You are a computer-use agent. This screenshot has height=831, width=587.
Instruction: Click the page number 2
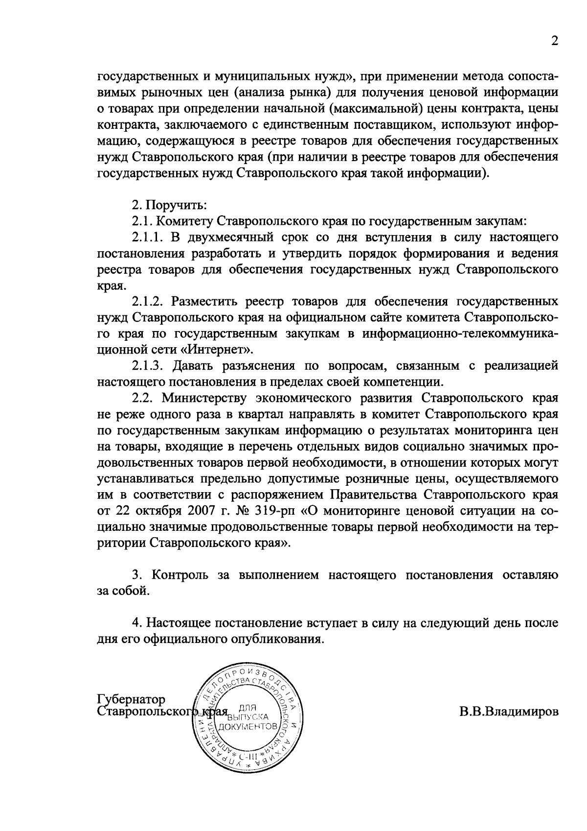554,41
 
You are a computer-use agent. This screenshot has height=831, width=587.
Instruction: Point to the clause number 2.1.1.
146,237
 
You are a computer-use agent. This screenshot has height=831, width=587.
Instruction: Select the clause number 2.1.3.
146,365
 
